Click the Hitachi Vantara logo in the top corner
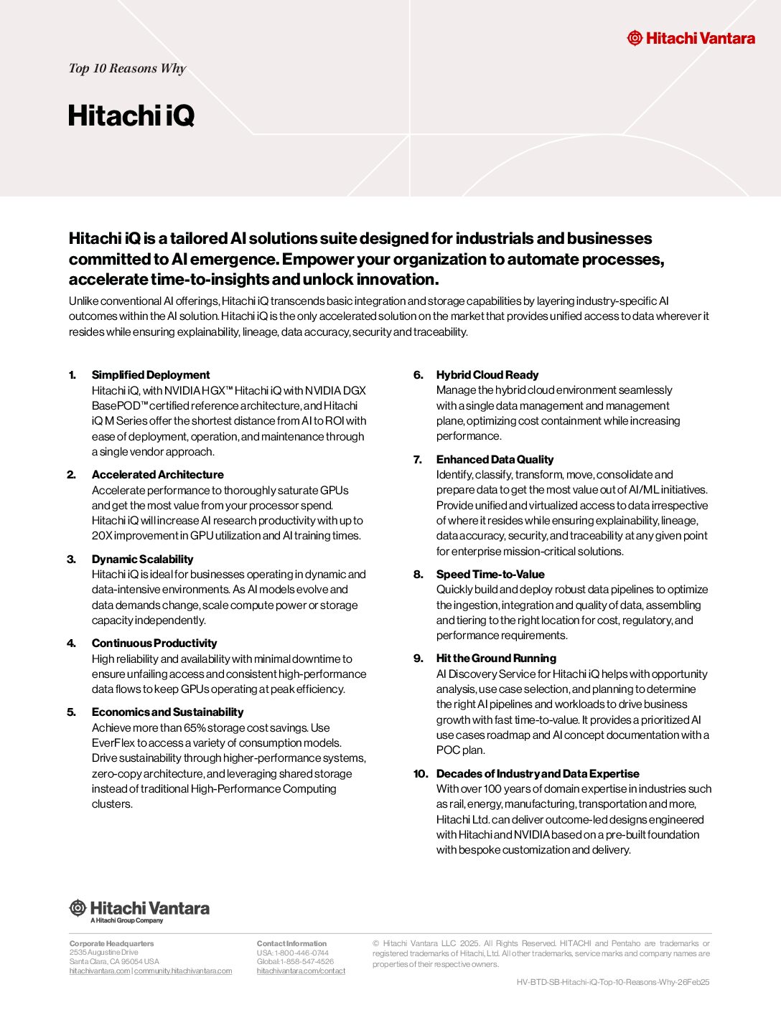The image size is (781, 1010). coord(691,38)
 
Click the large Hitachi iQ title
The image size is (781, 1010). coord(131,115)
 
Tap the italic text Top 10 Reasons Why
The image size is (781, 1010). coord(127,68)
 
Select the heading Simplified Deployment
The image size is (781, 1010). coord(151,374)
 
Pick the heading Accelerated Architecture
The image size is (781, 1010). coord(157,474)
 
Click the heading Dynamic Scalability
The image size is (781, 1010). coord(142,559)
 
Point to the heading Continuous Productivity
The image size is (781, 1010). coord(154,643)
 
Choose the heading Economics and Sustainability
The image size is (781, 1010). coord(167,712)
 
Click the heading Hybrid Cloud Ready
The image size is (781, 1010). coord(487,374)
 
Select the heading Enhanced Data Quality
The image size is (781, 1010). coord(495,459)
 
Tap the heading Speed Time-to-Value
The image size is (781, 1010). coord(490,574)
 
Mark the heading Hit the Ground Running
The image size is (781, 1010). coord(496,658)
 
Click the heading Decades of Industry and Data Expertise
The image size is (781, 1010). coord(538,773)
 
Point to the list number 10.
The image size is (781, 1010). coord(420,773)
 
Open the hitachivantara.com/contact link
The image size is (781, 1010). coord(301,971)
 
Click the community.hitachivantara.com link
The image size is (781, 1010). coord(183,971)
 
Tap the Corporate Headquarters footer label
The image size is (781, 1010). coord(111,943)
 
